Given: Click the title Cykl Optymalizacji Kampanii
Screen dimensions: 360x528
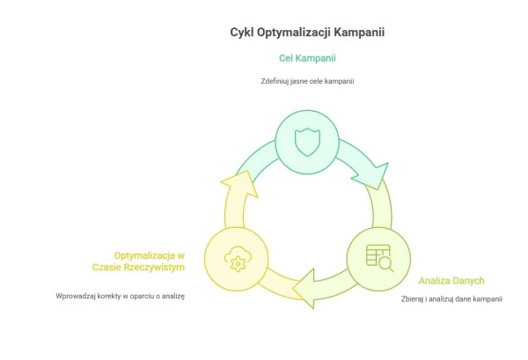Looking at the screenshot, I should [306, 33].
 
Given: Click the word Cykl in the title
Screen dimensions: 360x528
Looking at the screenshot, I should [243, 33].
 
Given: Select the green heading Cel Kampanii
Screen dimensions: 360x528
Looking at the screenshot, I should [306, 58].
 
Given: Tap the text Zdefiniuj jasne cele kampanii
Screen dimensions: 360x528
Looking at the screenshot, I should [306, 81].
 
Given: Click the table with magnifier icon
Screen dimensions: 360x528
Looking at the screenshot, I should [378, 257].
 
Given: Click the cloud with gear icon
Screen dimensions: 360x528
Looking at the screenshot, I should [235, 260].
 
